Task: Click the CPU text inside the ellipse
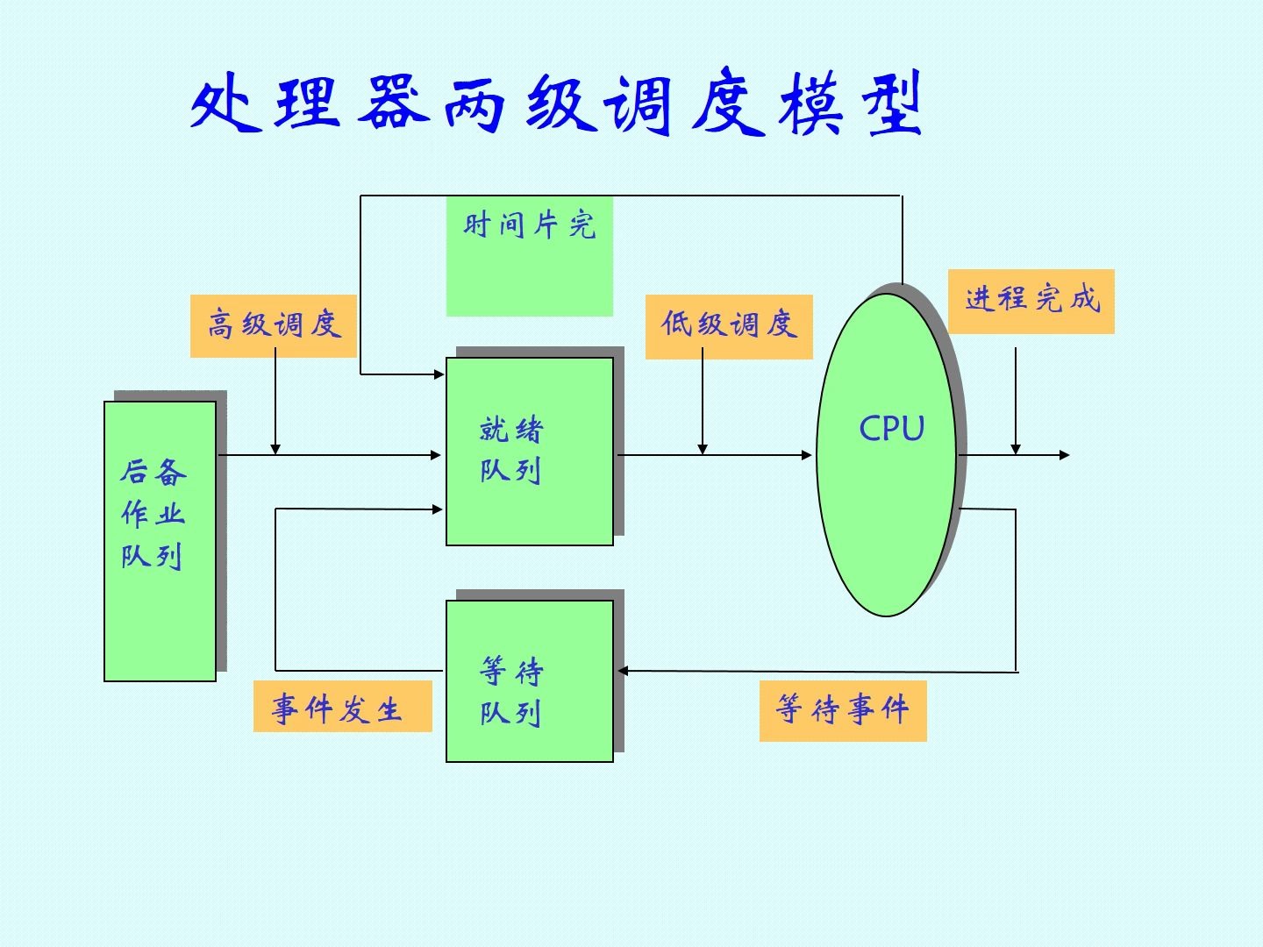coord(891,429)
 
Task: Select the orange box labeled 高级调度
coord(274,325)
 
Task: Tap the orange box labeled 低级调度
coord(729,325)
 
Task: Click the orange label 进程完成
coord(1031,300)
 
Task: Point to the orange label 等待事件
coord(842,710)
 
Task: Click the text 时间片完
coord(529,226)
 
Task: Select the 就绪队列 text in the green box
coord(511,450)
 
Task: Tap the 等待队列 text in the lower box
coord(511,692)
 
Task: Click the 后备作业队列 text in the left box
coord(153,514)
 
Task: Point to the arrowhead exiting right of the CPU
coord(1064,455)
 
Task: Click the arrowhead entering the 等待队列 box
coord(623,671)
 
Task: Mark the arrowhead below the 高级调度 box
coord(275,449)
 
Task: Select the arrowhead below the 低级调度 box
coord(703,449)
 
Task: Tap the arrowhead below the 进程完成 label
coord(1016,449)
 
